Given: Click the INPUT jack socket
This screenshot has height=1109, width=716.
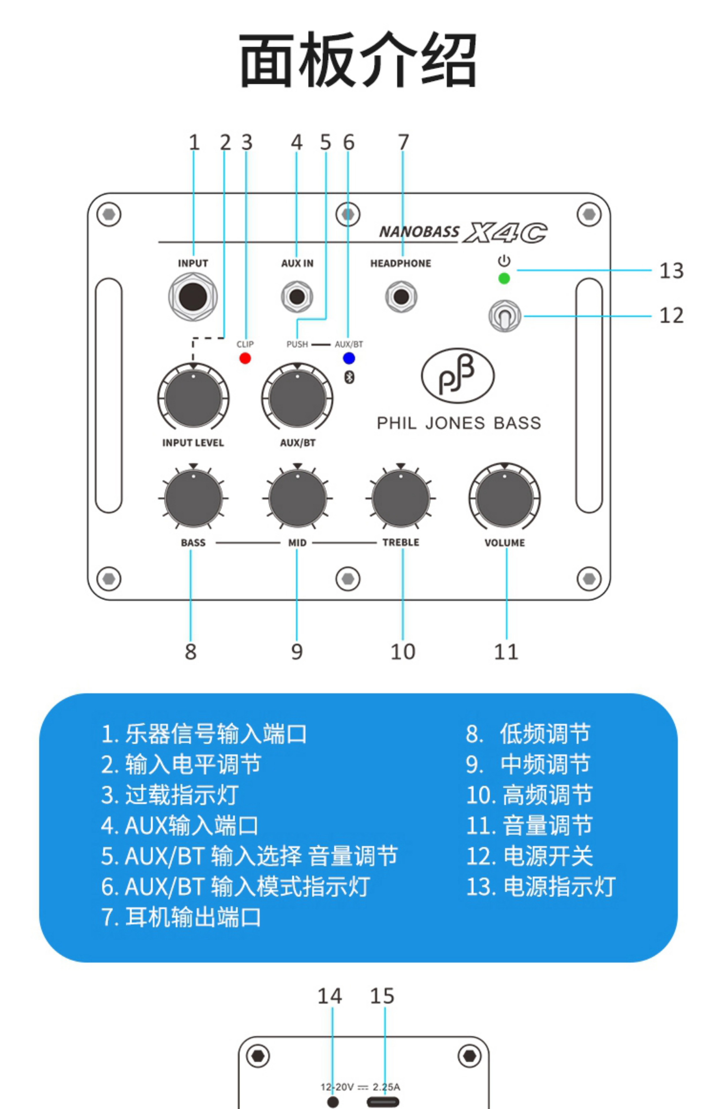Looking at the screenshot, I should tap(193, 297).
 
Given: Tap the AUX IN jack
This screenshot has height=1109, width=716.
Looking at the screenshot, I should tap(297, 297).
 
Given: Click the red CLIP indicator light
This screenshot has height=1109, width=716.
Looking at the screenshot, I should tap(245, 358).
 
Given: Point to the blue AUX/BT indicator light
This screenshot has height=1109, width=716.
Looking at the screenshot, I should tap(349, 358).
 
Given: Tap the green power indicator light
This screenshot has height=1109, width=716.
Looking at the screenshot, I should tap(504, 278).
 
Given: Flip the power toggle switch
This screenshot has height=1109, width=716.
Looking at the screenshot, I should tap(504, 316).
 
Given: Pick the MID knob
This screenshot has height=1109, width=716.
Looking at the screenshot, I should tap(298, 498).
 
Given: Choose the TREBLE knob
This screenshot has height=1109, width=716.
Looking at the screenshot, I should tap(401, 498).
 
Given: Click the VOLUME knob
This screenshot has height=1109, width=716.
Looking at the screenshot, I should tap(504, 498).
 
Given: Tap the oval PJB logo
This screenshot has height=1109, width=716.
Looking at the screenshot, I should tap(458, 376).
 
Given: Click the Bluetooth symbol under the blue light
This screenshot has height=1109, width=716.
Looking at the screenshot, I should tap(349, 377).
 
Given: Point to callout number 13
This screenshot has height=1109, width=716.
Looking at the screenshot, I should tap(671, 271).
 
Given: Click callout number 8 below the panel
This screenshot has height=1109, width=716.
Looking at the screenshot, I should tap(191, 652).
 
